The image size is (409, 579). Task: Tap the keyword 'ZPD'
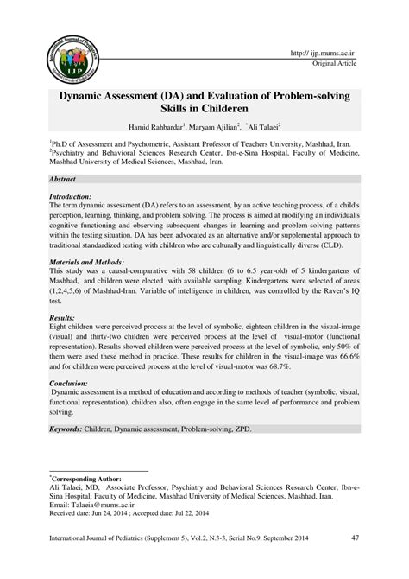coord(242,429)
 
